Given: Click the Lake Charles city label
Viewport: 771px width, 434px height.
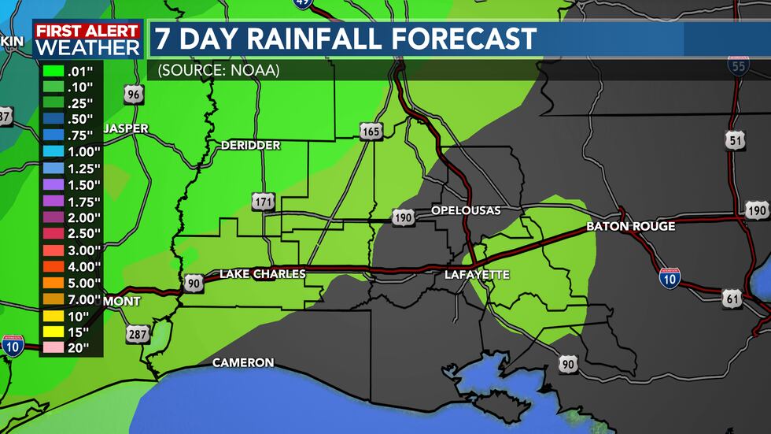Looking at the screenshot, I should click(x=262, y=274).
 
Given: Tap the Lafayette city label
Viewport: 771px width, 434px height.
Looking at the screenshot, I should click(x=477, y=275).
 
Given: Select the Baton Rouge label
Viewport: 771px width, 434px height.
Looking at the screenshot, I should click(x=630, y=226).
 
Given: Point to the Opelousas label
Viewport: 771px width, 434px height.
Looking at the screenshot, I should click(x=465, y=211).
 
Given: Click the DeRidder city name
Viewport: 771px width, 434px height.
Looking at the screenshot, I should click(x=250, y=146).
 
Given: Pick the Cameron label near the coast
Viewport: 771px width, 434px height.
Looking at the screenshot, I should click(x=243, y=362).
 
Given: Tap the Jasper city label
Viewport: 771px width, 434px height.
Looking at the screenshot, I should click(x=125, y=128).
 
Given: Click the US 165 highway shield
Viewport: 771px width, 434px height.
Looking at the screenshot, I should click(x=371, y=131).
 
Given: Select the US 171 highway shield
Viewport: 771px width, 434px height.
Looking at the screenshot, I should click(x=264, y=202).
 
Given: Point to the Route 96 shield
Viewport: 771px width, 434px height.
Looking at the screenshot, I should click(x=135, y=95).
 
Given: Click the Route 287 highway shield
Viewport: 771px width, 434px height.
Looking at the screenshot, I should click(x=135, y=335).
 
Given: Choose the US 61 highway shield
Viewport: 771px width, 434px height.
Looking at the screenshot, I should click(x=732, y=299).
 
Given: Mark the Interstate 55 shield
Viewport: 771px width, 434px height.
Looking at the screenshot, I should click(x=738, y=66).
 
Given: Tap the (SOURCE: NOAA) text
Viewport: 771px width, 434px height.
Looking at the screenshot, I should click(x=219, y=70).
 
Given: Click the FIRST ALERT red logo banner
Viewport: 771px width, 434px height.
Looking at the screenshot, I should click(x=87, y=31).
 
